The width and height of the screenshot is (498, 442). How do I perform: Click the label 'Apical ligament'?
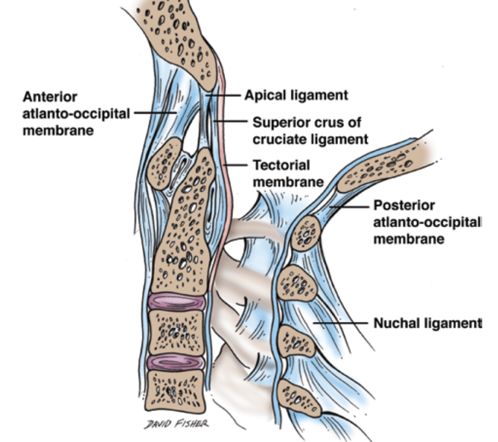pos(296,95)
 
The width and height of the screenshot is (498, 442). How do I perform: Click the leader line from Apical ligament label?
pos(224,95)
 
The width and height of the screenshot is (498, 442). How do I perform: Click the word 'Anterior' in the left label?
pos(50,97)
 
